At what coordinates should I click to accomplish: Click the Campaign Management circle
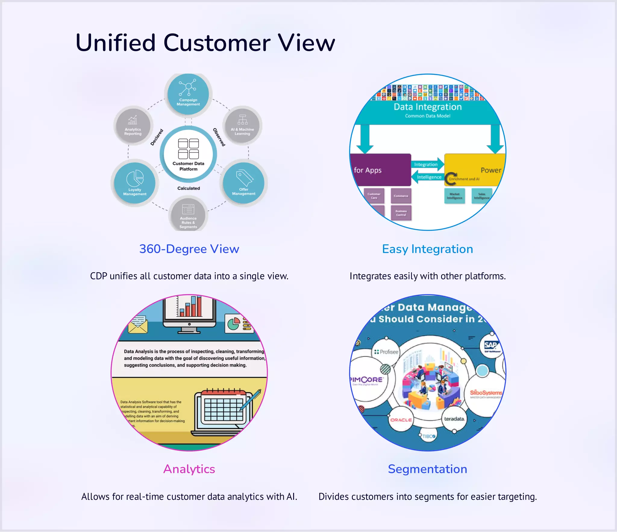tap(188, 94)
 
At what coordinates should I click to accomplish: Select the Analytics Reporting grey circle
tap(133, 125)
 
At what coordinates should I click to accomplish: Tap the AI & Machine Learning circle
tap(242, 125)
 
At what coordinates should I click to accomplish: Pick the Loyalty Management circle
tap(135, 183)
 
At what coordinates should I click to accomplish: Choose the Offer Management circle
tap(243, 183)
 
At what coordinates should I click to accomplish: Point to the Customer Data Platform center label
tap(188, 166)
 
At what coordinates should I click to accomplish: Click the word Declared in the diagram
tap(157, 137)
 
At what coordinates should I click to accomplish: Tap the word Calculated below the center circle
tap(189, 188)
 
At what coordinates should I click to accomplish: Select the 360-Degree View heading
tap(189, 249)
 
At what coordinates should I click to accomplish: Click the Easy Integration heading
tap(428, 249)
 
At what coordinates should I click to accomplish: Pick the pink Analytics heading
tap(189, 469)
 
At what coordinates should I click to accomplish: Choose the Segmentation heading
tap(428, 469)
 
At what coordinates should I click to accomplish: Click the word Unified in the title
tap(115, 43)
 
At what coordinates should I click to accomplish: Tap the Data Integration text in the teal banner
tap(428, 107)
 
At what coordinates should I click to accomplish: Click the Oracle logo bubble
tap(401, 420)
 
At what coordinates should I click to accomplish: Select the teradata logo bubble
tap(454, 419)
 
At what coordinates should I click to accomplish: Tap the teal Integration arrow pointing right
tap(427, 164)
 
